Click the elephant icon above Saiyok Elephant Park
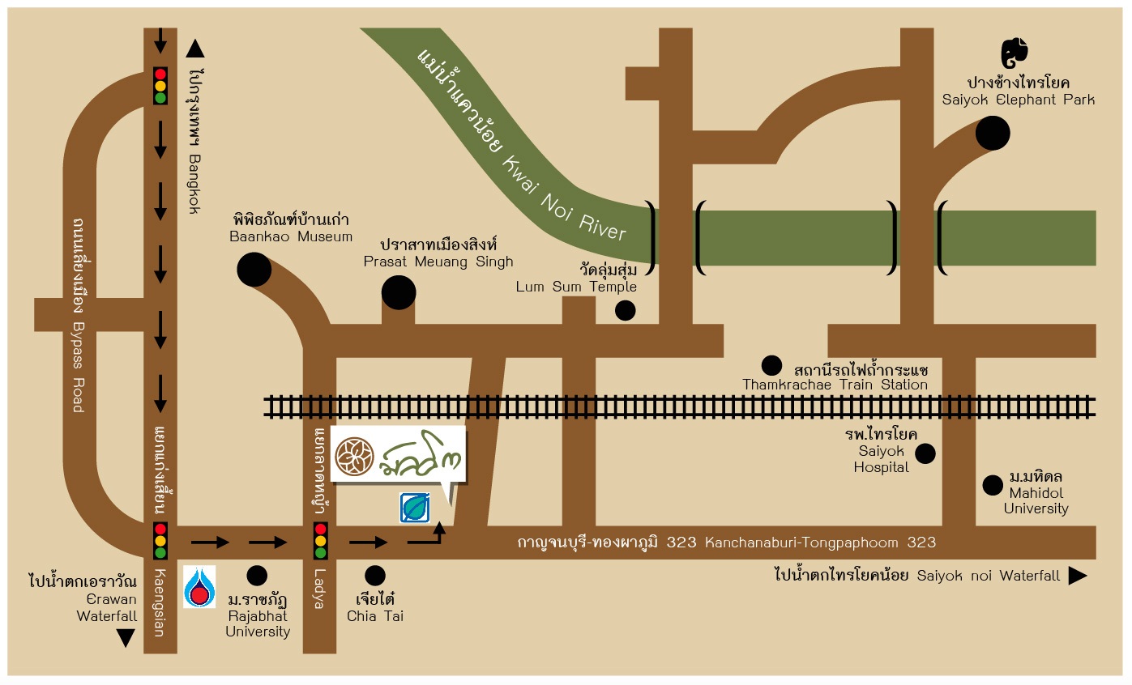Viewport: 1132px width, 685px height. click(x=1014, y=53)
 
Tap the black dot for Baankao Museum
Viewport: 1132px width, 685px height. click(x=254, y=270)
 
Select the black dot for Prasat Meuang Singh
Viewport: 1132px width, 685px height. click(x=399, y=292)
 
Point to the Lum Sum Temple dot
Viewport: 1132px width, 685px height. click(x=625, y=310)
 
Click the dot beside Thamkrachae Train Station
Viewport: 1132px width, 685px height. click(x=771, y=365)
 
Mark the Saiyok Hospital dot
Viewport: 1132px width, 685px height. click(x=925, y=453)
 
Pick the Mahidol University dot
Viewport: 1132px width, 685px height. click(x=992, y=485)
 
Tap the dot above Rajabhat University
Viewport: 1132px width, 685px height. click(x=257, y=576)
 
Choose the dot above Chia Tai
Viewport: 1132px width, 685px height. click(x=374, y=576)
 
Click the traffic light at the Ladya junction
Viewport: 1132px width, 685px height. click(x=320, y=542)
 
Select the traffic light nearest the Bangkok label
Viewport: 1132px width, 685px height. click(x=160, y=85)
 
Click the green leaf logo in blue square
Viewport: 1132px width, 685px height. click(x=416, y=508)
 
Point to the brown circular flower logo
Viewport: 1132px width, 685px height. click(x=353, y=456)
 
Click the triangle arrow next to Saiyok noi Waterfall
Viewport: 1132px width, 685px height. click(x=1077, y=576)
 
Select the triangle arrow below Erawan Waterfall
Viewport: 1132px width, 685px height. click(x=126, y=638)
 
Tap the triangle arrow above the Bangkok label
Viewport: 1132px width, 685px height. click(x=194, y=49)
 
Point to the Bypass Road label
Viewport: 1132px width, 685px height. click(x=78, y=365)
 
